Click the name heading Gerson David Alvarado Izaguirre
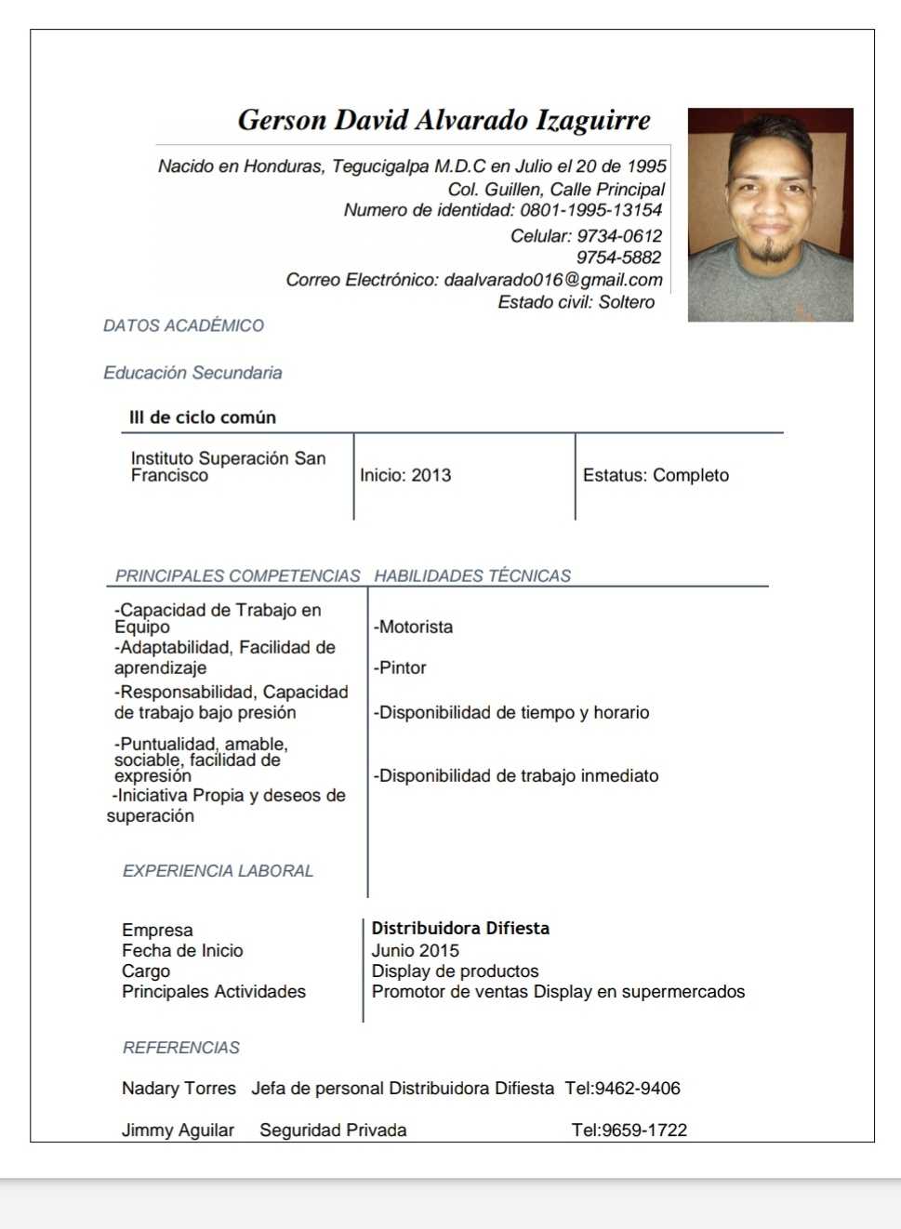tap(444, 120)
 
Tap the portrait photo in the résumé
tap(770, 215)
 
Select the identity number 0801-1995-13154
tap(590, 210)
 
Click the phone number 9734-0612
tap(619, 236)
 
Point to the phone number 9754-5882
tap(618, 258)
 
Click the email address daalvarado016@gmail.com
tap(553, 280)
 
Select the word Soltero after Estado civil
tap(627, 302)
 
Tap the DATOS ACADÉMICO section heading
tap(183, 325)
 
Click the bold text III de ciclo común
tap(203, 417)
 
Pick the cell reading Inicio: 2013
tap(405, 475)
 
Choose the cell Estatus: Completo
tap(656, 475)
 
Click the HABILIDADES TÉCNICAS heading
tap(472, 575)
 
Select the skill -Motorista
tap(414, 627)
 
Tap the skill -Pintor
tap(400, 667)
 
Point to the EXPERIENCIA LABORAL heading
tap(218, 871)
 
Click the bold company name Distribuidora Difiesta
tap(460, 928)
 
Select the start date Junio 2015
tap(416, 950)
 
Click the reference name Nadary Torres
tap(179, 1088)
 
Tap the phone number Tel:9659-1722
tap(629, 1130)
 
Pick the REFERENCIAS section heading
tap(181, 1048)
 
